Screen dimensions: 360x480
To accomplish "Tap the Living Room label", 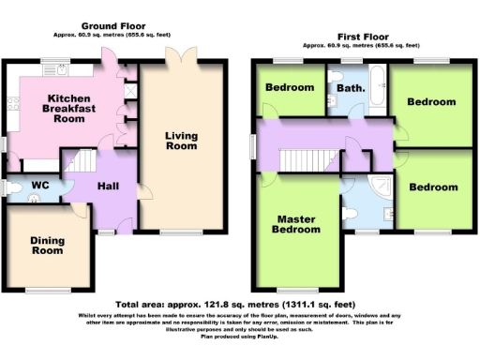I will (181, 141).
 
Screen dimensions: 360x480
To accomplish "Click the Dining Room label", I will (47, 245).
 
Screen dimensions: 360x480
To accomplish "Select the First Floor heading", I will (360, 33).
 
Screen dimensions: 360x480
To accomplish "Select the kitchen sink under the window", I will (50, 70).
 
